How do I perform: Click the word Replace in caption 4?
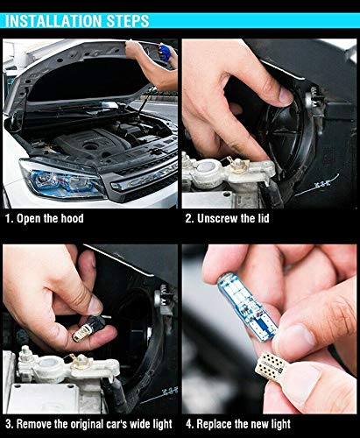click(x=222, y=424)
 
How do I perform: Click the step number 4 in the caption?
click(x=188, y=424)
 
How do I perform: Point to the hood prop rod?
click(x=140, y=109)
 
